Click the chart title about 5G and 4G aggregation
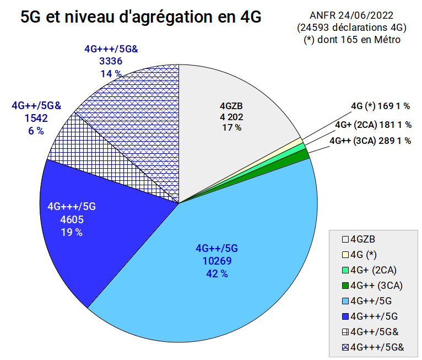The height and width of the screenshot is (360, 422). coord(140,17)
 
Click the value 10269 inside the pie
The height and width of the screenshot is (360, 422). coord(217,261)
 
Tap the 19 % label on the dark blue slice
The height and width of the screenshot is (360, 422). coord(72,232)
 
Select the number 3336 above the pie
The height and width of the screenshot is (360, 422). coord(111,61)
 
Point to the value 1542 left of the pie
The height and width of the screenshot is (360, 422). coord(36,118)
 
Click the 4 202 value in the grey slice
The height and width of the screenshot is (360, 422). coord(231,117)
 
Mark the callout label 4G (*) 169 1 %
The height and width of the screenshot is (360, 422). coord(380,106)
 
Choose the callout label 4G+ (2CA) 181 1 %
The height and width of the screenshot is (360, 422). coord(374,125)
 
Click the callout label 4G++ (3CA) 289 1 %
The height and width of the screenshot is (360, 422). coord(370,141)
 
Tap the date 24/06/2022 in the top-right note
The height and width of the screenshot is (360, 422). coord(366,15)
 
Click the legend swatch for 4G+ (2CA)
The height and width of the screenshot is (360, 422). coord(345,270)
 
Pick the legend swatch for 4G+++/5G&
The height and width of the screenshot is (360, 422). coord(345,348)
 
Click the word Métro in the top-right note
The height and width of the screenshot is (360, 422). coord(387,40)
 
